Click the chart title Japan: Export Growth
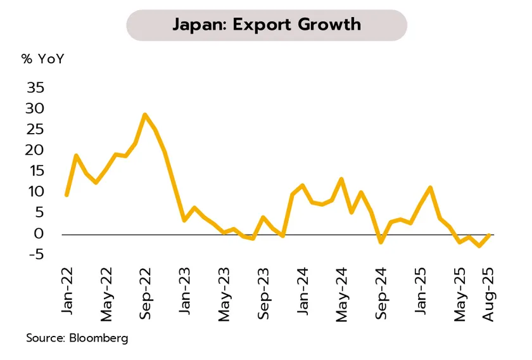point(266,25)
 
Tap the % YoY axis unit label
point(43,60)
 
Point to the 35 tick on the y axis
point(35,88)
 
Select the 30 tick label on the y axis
point(35,109)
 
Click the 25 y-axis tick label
point(35,130)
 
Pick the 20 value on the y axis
point(35,151)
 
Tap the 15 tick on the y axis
point(36,172)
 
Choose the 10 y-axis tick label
point(36,192)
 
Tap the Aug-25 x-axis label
point(489,291)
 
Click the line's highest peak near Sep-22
point(145,115)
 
